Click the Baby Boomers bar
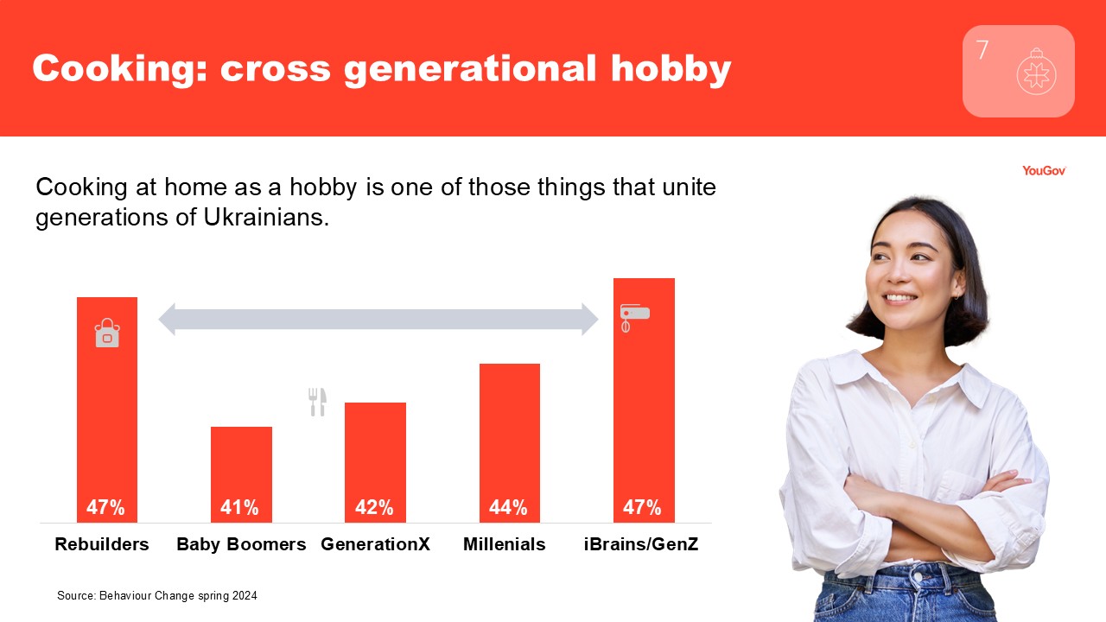tap(241, 474)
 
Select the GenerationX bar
tap(375, 462)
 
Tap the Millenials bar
tap(510, 443)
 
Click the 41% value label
tap(239, 507)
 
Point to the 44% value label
tap(508, 507)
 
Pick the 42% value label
tap(374, 507)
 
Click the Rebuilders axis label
tap(102, 544)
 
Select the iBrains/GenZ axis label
tap(641, 544)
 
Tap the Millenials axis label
tap(504, 544)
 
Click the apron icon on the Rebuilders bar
tap(107, 333)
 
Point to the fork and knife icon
tap(317, 402)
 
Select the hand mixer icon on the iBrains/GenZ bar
tap(634, 317)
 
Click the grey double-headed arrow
tap(378, 320)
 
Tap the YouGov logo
tap(1044, 171)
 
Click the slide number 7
tap(982, 50)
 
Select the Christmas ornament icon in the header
tap(1036, 72)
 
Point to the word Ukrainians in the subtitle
tap(266, 217)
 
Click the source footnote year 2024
tap(245, 596)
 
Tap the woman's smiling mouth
tap(899, 298)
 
